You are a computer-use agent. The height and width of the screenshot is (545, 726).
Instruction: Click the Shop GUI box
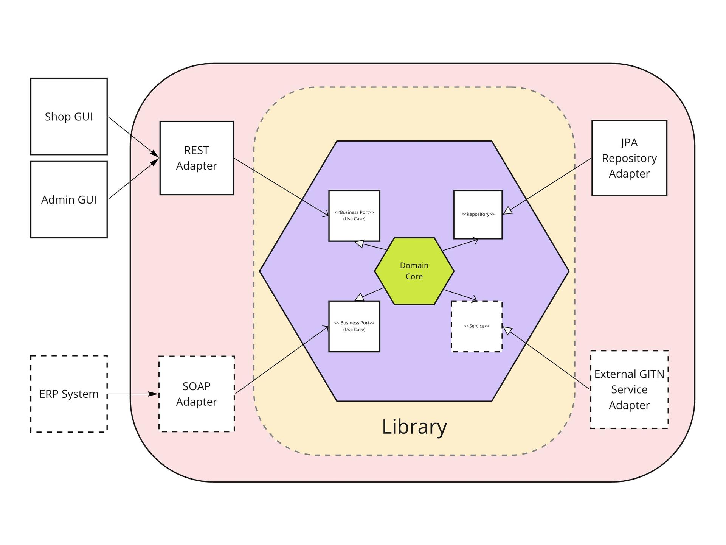[x=69, y=117]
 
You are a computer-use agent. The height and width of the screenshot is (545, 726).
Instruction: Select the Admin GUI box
[x=69, y=199]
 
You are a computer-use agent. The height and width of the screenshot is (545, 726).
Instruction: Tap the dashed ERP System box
[x=69, y=394]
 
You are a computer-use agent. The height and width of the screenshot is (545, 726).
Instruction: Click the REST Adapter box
[x=196, y=158]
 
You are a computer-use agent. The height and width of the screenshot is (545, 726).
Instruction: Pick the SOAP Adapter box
[x=196, y=394]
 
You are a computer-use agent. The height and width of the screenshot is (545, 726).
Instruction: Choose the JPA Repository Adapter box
[x=629, y=158]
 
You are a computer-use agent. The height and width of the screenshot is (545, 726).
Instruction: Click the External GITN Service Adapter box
[x=629, y=389]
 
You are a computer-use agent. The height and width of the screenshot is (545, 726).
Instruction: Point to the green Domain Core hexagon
[x=414, y=271]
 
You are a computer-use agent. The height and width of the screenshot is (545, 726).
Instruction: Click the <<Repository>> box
[x=478, y=215]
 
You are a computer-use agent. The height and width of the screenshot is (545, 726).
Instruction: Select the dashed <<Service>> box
[x=476, y=326]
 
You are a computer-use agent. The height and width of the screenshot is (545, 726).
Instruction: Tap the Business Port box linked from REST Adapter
[x=354, y=216]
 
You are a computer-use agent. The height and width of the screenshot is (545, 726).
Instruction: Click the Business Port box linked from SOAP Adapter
[x=354, y=326]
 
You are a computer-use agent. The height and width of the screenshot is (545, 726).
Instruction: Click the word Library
[x=414, y=427]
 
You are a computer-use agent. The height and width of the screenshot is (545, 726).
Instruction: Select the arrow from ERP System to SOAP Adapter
[x=132, y=394]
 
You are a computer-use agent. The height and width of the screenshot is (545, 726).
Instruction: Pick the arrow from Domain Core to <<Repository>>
[x=460, y=244]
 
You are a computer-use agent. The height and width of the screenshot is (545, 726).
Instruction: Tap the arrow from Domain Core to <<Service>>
[x=461, y=296]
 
